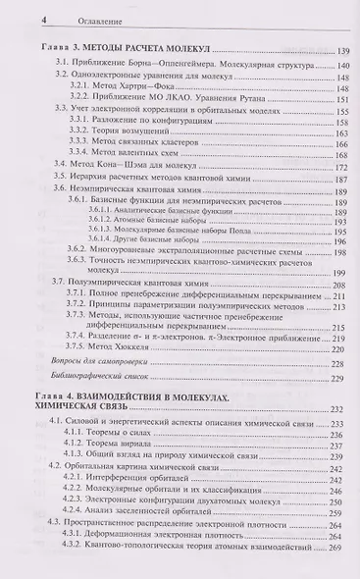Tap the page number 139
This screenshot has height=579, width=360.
[341, 50]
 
